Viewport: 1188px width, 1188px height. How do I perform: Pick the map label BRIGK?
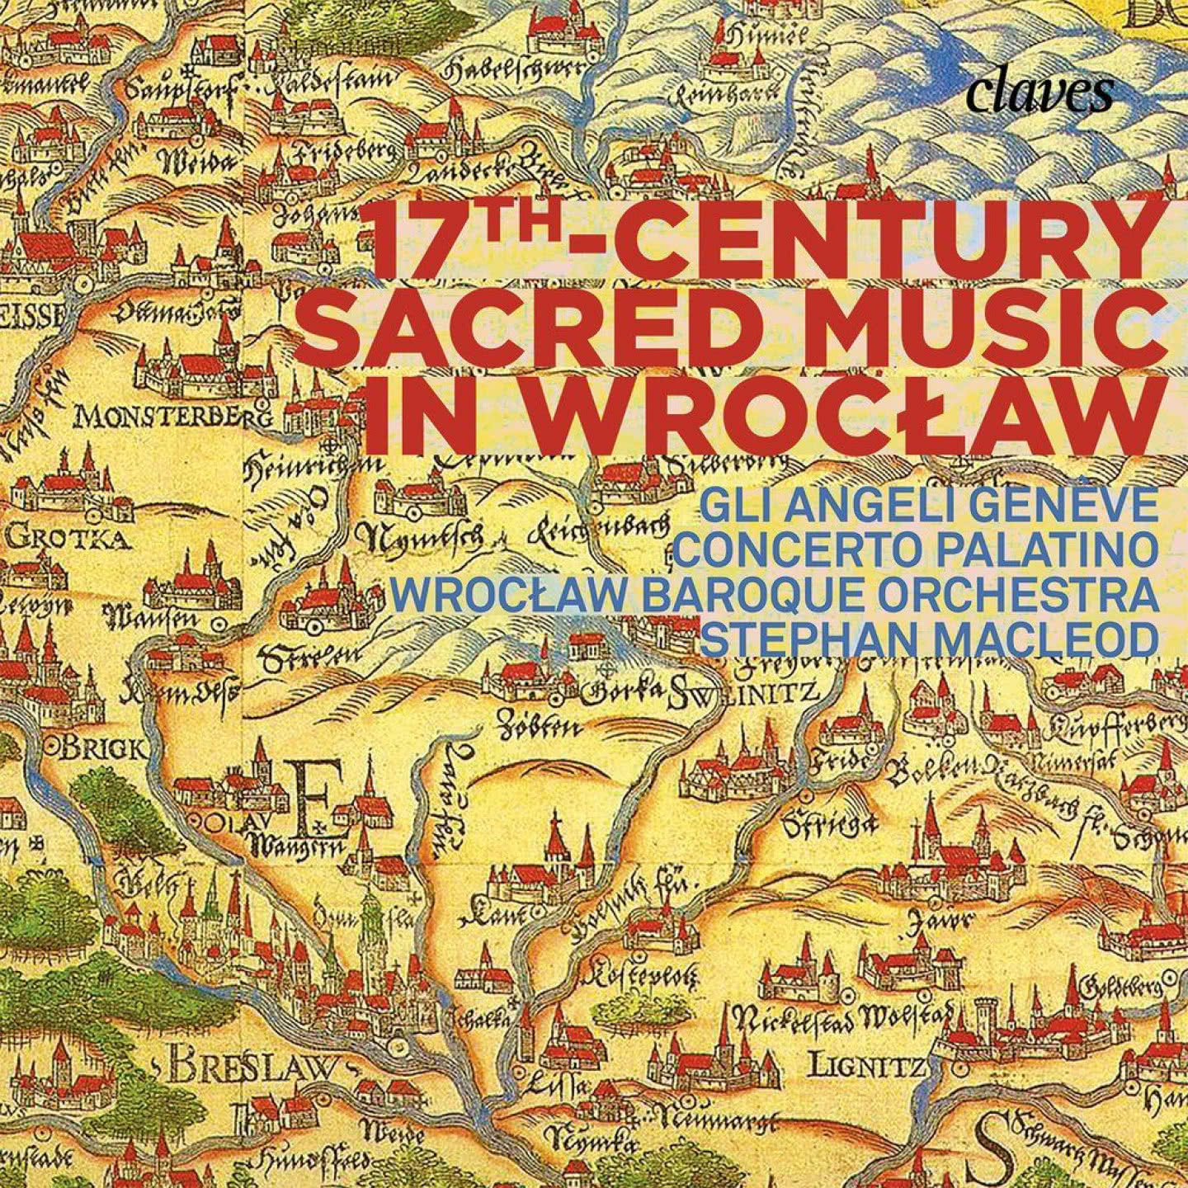(104, 750)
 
